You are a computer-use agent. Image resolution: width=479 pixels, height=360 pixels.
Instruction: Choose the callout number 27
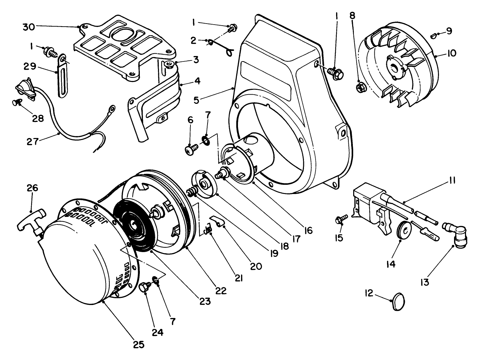(x=32, y=141)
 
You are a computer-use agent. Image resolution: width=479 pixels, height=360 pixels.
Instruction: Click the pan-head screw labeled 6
(x=191, y=149)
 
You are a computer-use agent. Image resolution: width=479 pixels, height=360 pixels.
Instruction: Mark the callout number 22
(x=221, y=290)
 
